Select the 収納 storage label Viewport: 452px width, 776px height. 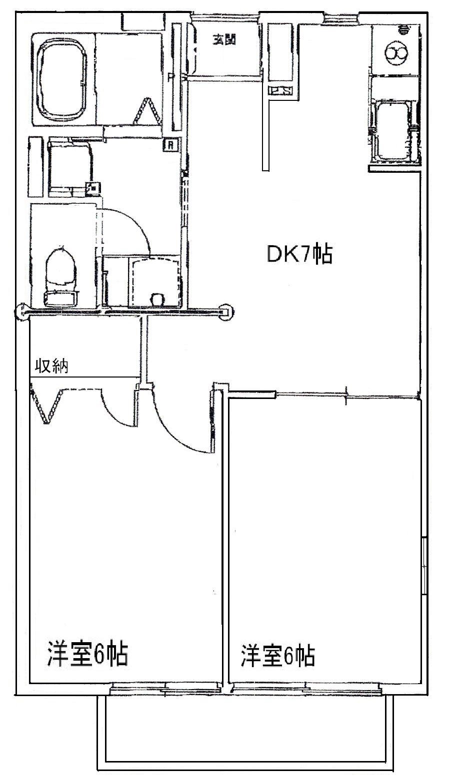click(x=51, y=367)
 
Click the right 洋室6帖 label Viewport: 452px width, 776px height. click(x=278, y=656)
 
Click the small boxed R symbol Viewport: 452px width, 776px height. click(x=171, y=145)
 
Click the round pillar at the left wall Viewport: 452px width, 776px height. click(x=22, y=313)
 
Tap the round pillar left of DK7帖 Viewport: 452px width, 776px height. click(x=227, y=312)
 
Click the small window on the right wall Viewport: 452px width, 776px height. click(x=424, y=566)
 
